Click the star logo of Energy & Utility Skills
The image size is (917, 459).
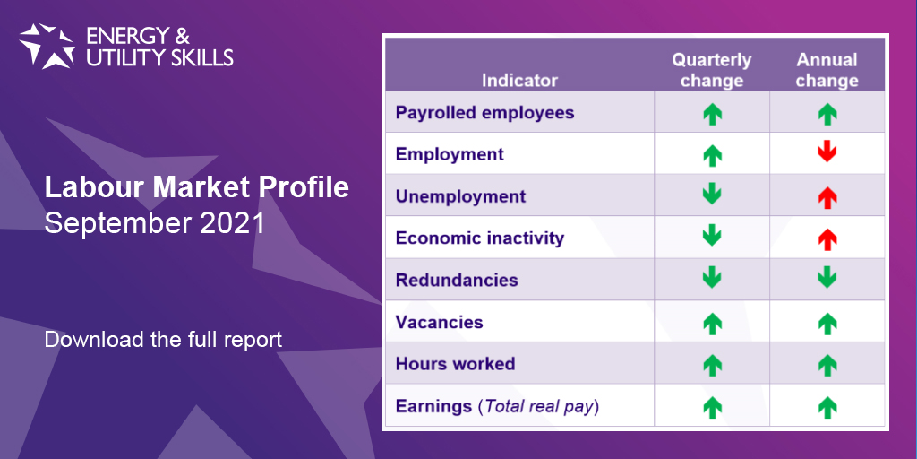coord(47,46)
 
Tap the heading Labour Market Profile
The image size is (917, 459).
coord(196,188)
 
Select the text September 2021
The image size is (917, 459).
coord(155,223)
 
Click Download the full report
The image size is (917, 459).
coord(163,340)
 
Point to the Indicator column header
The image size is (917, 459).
coord(519,80)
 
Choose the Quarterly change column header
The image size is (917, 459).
coord(712,70)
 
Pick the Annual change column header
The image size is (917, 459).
coord(827,70)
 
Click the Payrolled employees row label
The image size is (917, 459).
coord(484,112)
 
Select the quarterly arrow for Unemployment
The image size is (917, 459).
coord(712,194)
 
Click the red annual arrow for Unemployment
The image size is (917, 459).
coord(827,198)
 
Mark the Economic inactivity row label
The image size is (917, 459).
coord(480,238)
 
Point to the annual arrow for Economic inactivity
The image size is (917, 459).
coord(827,239)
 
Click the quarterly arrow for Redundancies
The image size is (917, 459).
coord(712,278)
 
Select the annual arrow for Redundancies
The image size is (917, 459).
coord(827,278)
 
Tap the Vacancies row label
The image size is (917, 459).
coord(439,322)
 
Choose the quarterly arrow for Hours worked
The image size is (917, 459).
coord(712,366)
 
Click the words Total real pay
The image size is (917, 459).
coord(538,406)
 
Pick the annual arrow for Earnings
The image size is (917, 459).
coord(827,408)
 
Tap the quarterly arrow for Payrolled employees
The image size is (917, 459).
coord(712,114)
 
